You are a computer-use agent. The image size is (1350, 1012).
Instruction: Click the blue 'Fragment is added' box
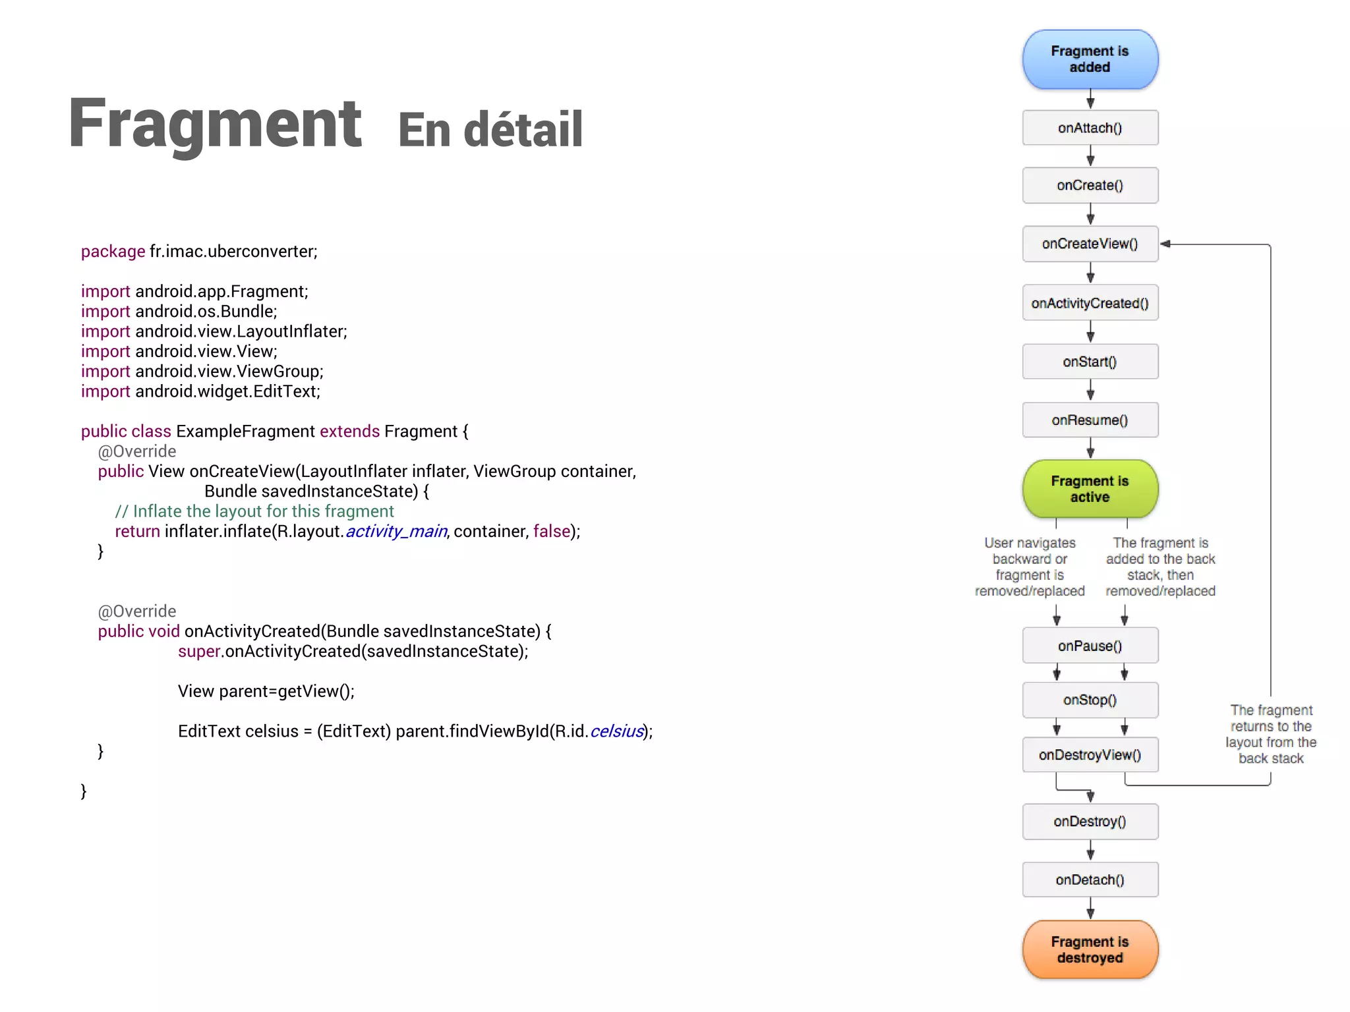(x=1090, y=59)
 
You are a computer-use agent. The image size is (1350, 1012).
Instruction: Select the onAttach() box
(x=1090, y=128)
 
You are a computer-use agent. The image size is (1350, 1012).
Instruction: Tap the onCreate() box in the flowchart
(x=1090, y=185)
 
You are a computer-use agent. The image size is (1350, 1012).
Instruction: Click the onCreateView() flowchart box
(x=1090, y=244)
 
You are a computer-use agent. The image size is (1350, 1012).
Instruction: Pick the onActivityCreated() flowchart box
(x=1090, y=303)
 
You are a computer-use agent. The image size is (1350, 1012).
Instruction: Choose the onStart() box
(x=1090, y=362)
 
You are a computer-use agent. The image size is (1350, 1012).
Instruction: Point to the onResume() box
(x=1090, y=420)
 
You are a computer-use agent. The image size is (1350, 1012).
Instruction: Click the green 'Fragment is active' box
(x=1090, y=489)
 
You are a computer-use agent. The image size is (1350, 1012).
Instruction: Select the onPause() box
(x=1090, y=646)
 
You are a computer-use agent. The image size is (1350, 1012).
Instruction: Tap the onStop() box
(x=1090, y=700)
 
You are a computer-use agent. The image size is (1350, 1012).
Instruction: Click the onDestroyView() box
(x=1090, y=755)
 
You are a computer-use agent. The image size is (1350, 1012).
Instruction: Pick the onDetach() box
(x=1090, y=880)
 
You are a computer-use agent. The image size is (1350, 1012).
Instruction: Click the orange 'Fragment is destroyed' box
(x=1090, y=949)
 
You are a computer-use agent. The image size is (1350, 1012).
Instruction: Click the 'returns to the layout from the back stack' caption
(x=1270, y=734)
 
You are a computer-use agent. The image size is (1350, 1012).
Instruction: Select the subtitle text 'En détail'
(x=490, y=130)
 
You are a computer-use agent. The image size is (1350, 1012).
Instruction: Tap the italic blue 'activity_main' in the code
(x=396, y=531)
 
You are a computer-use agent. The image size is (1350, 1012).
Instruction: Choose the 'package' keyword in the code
(x=113, y=252)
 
